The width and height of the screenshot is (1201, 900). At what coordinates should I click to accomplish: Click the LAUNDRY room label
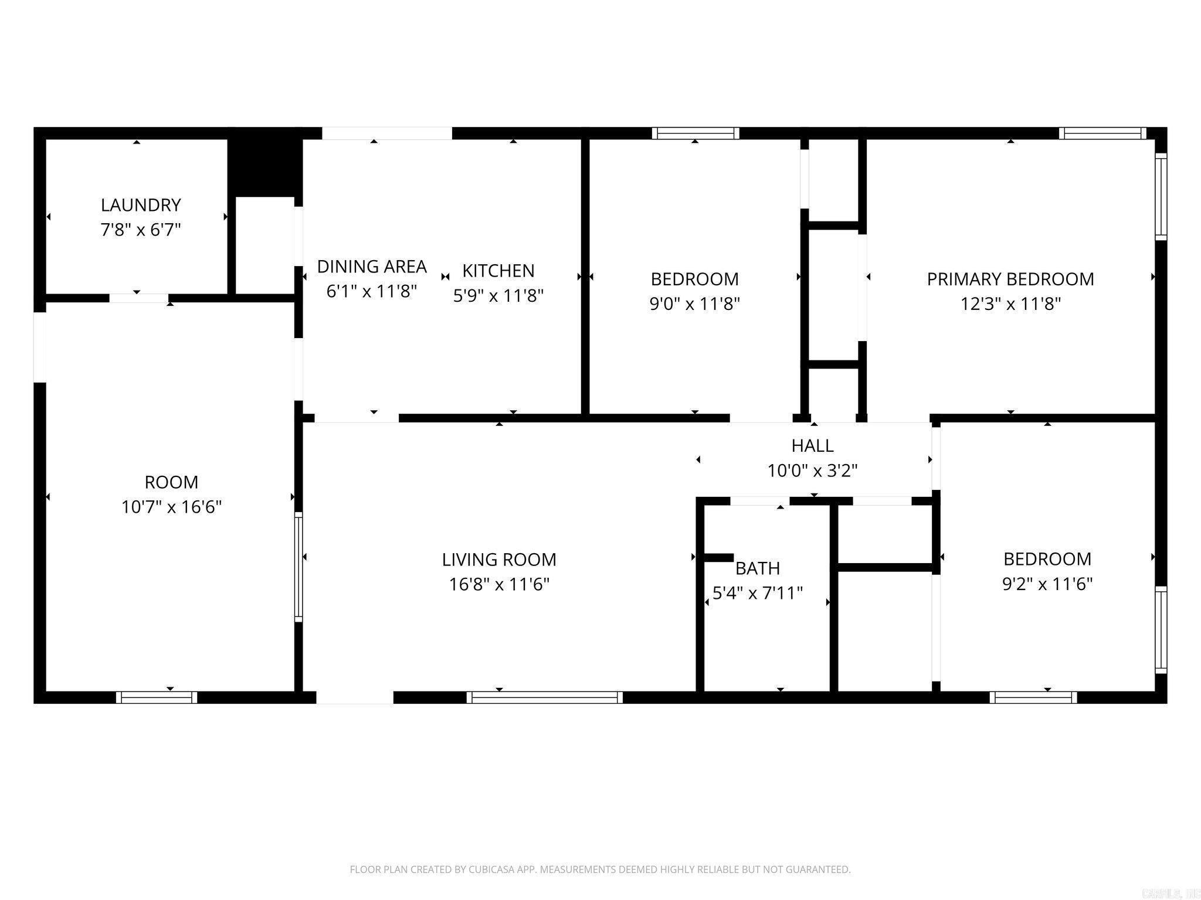click(141, 205)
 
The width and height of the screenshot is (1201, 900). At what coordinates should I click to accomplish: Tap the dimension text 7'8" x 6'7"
click(141, 230)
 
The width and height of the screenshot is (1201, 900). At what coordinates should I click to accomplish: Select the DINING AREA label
click(372, 267)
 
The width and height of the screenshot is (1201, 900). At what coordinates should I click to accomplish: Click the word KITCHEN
click(498, 271)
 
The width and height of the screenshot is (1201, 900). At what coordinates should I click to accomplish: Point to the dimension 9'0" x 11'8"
click(695, 304)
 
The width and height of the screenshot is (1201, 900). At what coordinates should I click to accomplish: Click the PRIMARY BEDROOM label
click(1010, 279)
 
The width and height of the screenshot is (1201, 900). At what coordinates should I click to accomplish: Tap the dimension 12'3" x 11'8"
click(1010, 304)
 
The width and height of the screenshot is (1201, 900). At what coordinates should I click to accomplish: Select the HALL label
click(812, 446)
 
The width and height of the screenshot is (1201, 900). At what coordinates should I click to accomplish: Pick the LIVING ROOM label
click(499, 560)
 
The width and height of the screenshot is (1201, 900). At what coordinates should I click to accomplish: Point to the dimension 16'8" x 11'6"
click(499, 584)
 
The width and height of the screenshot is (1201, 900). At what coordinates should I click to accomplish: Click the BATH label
click(758, 568)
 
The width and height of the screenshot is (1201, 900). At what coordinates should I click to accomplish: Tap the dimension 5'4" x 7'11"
click(758, 593)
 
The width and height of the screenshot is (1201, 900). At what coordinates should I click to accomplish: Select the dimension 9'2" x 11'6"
click(1047, 584)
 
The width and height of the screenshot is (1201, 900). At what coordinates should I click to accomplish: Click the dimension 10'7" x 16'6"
click(171, 507)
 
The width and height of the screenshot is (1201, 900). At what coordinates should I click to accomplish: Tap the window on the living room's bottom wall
click(544, 697)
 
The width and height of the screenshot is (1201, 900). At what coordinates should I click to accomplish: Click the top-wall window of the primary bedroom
click(1102, 134)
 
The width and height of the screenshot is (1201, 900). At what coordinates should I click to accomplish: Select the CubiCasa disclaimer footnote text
click(600, 870)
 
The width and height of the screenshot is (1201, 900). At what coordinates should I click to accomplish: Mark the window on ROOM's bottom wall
click(157, 697)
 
